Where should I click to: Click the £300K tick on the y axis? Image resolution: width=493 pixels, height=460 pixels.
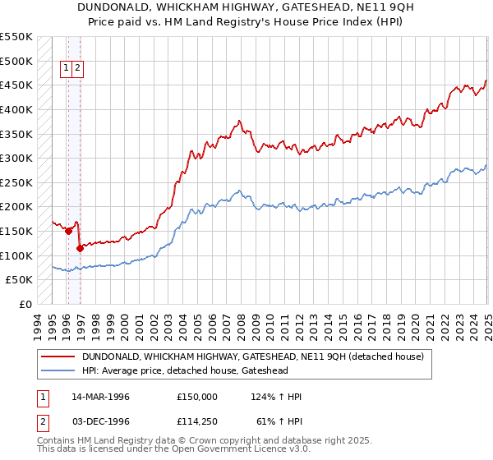tap(16, 158)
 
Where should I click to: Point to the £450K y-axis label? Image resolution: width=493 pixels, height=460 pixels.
tap(16, 85)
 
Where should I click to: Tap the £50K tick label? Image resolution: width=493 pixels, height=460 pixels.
tap(20, 280)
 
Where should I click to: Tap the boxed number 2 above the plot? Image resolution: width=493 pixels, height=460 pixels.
tap(77, 69)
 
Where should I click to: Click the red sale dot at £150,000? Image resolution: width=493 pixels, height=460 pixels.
tap(68, 232)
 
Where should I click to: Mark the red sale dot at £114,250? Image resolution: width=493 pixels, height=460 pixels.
tap(80, 248)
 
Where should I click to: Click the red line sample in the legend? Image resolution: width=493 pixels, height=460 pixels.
tap(57, 356)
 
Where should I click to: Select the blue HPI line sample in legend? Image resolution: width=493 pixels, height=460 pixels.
tap(57, 370)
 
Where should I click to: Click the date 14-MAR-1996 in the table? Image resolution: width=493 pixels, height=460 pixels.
tap(99, 397)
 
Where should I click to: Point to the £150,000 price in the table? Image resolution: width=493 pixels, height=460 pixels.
tap(197, 397)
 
